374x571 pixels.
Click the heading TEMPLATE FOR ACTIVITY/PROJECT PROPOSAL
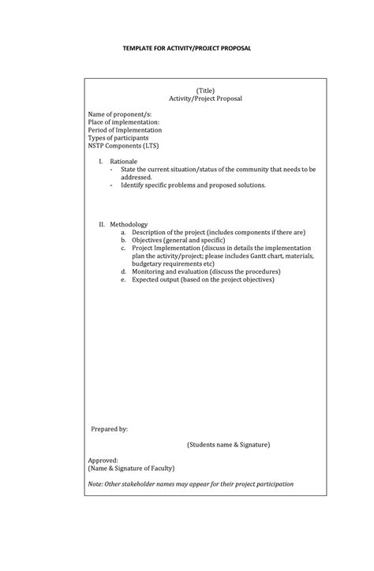[186, 48]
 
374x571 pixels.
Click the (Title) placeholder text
[205, 91]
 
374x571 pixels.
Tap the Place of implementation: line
[124, 122]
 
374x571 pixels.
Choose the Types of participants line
[118, 138]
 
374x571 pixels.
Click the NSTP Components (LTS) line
[122, 146]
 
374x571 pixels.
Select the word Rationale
[124, 161]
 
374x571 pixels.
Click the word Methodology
[129, 225]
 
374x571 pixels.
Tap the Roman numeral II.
[102, 225]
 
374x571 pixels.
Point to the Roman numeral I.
[101, 161]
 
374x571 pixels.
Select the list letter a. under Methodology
[123, 233]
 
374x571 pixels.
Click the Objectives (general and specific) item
[178, 241]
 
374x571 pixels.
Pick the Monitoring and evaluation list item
[206, 271]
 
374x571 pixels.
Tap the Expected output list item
[203, 279]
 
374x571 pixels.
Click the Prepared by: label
[109, 429]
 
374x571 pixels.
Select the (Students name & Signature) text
[228, 445]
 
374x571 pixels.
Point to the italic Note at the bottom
[191, 483]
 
